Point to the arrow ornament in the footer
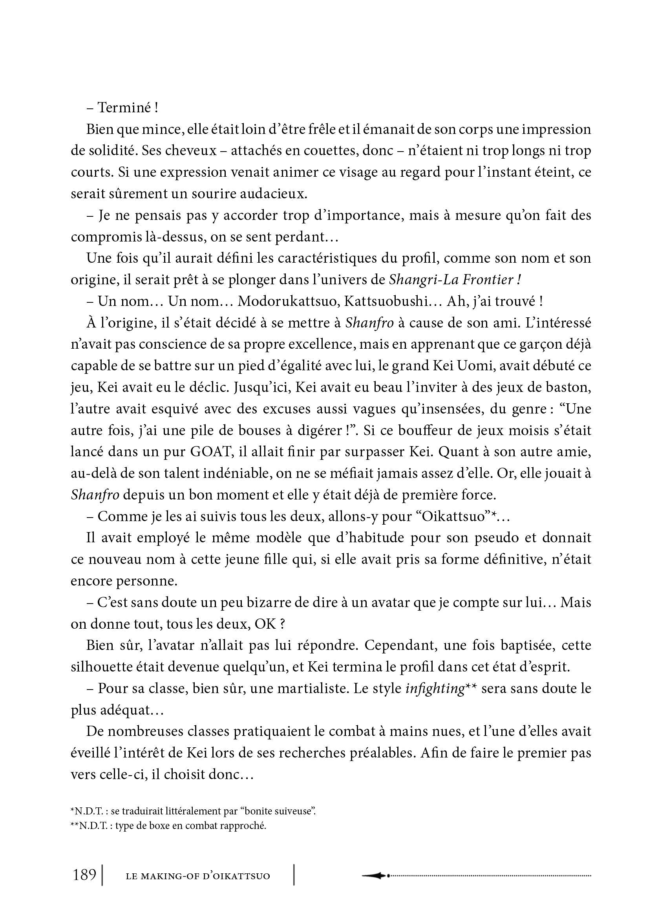click(x=375, y=875)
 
